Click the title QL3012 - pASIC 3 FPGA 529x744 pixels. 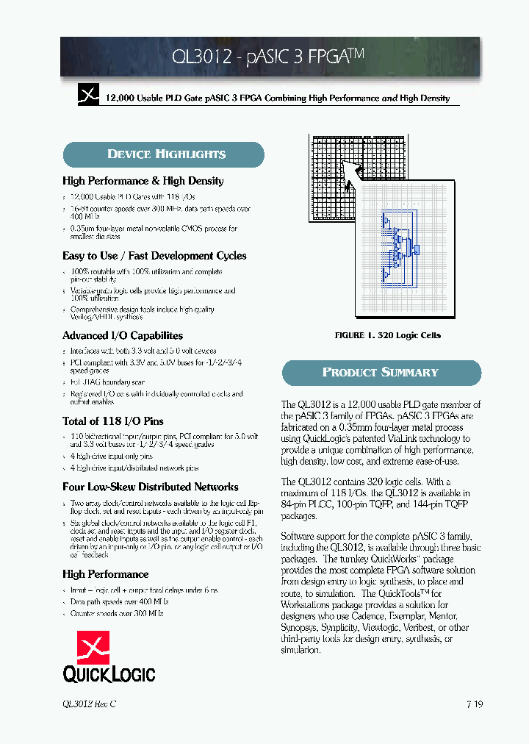270,57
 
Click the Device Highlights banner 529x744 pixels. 163,154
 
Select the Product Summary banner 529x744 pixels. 381,373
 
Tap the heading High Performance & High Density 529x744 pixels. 143,181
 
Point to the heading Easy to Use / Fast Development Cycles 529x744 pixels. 154,256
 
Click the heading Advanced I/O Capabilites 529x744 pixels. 123,335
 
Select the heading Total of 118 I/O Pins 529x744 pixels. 113,421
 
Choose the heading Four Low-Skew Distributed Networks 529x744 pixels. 151,487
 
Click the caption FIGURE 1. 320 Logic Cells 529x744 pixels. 387,335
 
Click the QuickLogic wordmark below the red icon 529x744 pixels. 109,673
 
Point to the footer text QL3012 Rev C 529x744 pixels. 90,704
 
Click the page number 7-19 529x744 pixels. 474,704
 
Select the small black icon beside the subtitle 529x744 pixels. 88,95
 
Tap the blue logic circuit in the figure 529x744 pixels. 397,246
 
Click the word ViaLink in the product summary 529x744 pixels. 397,439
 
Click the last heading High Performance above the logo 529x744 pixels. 105,574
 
